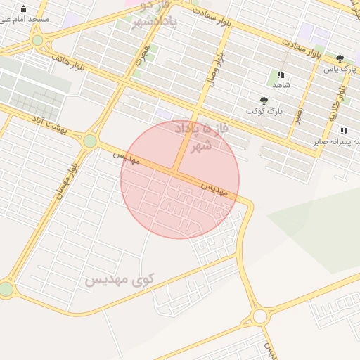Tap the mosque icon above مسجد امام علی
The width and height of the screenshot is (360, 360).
(24, 8)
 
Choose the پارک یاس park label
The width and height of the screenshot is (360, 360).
(340, 70)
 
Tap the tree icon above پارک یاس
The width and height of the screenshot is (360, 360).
(340, 59)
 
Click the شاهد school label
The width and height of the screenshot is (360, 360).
(281, 84)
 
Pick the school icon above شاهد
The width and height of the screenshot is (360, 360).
(281, 74)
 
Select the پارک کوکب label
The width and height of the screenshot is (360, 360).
(264, 111)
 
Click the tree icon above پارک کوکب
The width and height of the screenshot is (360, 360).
(264, 101)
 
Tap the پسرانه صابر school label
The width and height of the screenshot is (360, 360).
(337, 141)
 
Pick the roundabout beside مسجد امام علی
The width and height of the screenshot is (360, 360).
(37, 41)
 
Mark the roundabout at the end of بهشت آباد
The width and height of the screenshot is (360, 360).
(90, 141)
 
